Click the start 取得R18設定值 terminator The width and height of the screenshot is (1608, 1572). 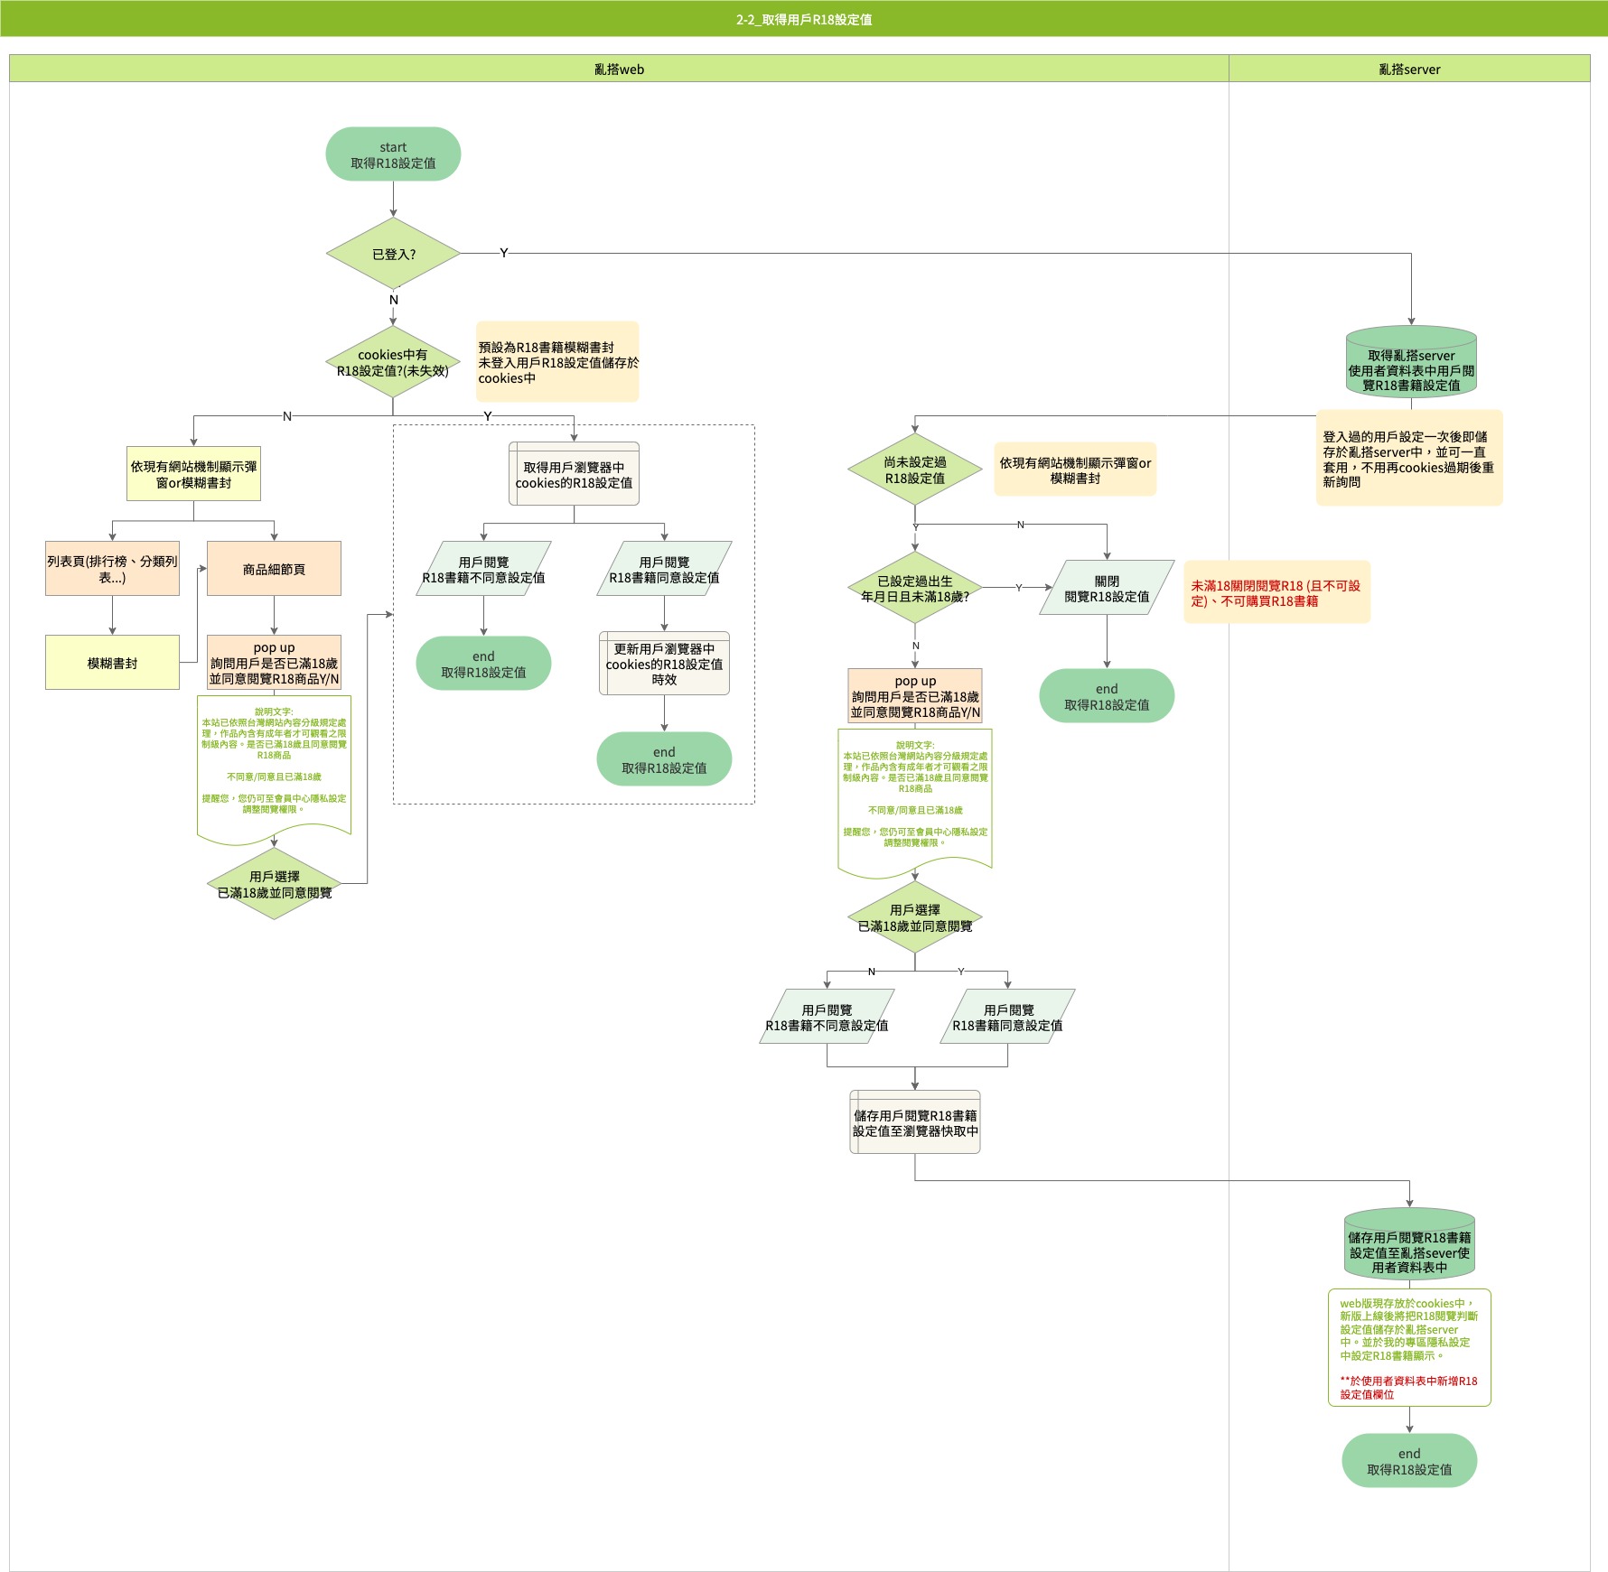pos(393,154)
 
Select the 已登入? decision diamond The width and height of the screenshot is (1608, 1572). pos(393,254)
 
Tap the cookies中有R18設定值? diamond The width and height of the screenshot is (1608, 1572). pos(393,362)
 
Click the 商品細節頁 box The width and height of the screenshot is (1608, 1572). pos(274,569)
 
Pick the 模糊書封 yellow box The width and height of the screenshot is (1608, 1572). pos(112,663)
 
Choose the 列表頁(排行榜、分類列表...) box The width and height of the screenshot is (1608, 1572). pos(112,569)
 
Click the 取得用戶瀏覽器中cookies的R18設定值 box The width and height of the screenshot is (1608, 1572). pos(574,474)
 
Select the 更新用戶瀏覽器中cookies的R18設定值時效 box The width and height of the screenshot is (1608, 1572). pos(664,664)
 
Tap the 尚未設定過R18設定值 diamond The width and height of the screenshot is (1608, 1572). pos(914,470)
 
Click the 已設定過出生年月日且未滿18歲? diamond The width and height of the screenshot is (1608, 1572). pos(914,589)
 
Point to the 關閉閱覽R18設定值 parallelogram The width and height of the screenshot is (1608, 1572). pos(1107,588)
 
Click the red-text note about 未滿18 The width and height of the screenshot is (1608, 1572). pos(1276,592)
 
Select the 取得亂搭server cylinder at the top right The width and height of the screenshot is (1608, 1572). pos(1411,363)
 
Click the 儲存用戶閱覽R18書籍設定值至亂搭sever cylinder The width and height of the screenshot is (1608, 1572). pos(1409,1245)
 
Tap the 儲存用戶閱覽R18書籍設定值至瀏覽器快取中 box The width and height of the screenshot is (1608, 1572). pos(915,1122)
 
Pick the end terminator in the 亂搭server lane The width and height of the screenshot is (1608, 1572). pos(1409,1461)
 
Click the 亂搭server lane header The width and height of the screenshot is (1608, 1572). pos(1409,69)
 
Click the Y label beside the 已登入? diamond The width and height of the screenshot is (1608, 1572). pos(504,253)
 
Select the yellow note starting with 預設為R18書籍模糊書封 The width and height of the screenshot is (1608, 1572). pos(557,362)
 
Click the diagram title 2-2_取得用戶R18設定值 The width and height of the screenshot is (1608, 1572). pos(804,19)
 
